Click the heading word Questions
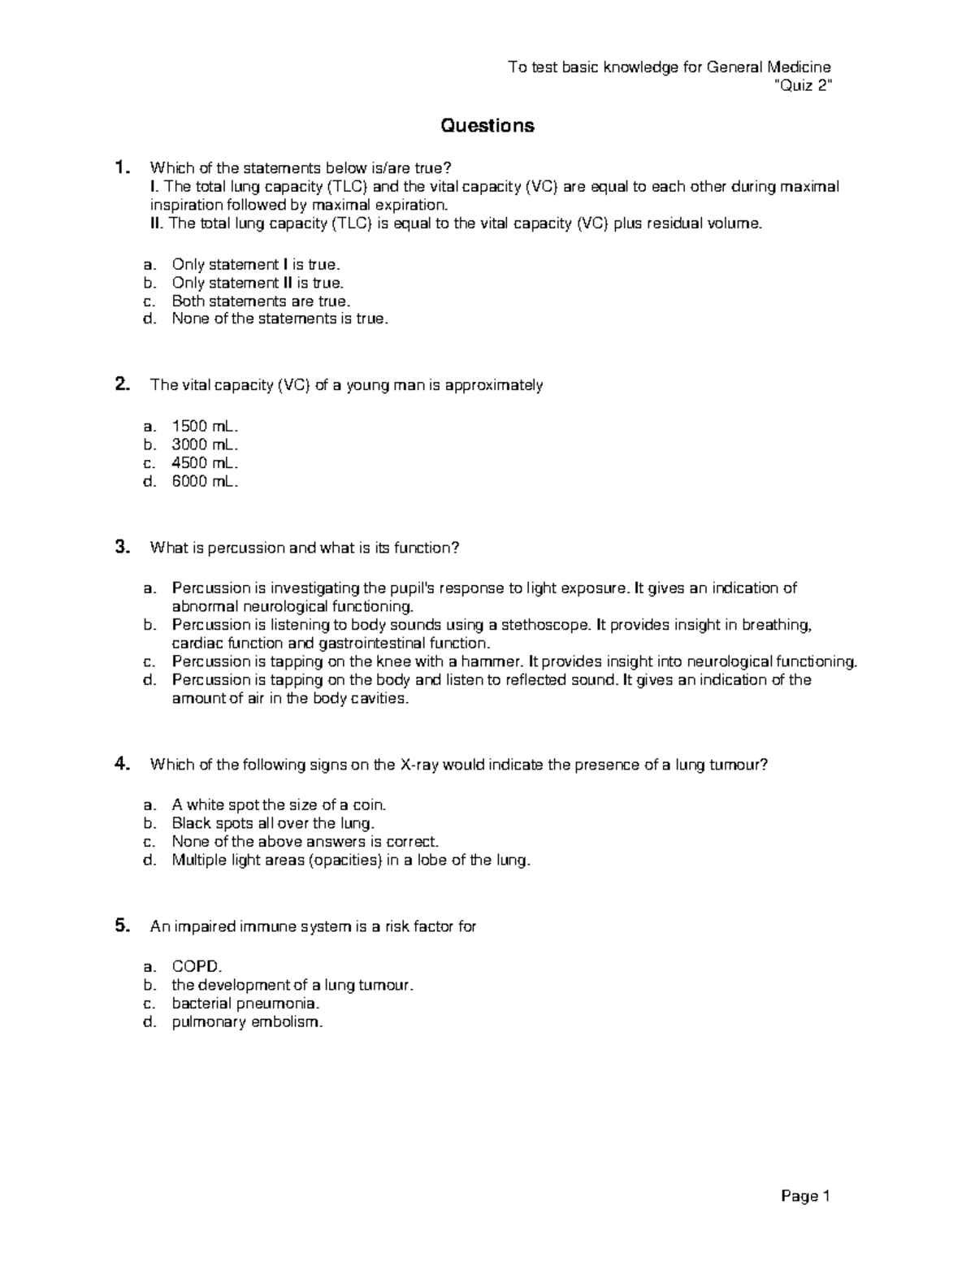[x=487, y=125]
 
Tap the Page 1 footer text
[x=805, y=1195]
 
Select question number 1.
[x=122, y=168]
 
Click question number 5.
[x=122, y=926]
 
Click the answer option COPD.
[x=196, y=967]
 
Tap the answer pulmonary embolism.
[x=247, y=1022]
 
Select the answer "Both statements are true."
[x=261, y=301]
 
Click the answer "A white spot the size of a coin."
[x=279, y=805]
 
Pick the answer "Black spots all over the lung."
[x=273, y=823]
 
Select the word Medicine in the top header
[x=799, y=67]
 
